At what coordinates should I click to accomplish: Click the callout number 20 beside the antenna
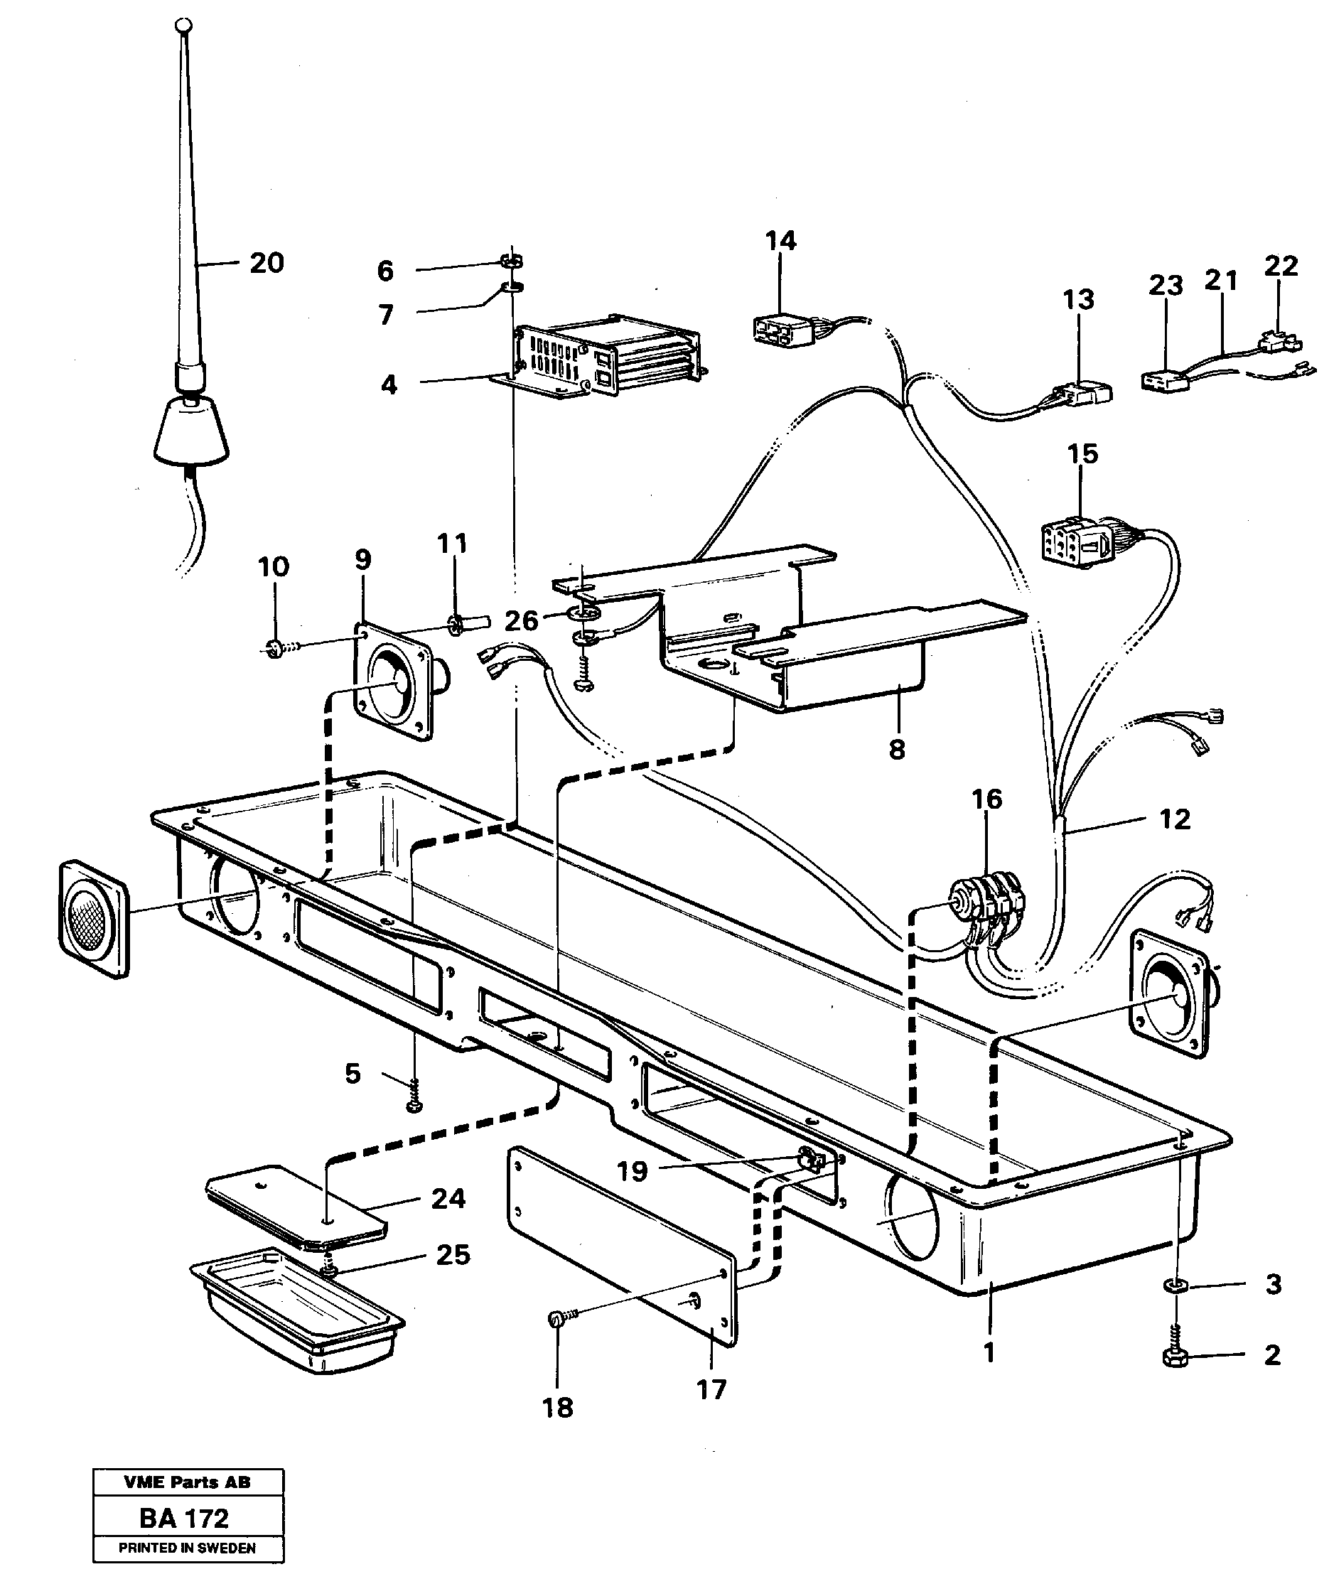pyautogui.click(x=267, y=264)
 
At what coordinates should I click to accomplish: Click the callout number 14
pyautogui.click(x=780, y=241)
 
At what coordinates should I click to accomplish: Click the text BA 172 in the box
pyautogui.click(x=184, y=1518)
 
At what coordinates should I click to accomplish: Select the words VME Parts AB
pyautogui.click(x=188, y=1482)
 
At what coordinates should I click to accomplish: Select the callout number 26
pyautogui.click(x=522, y=621)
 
